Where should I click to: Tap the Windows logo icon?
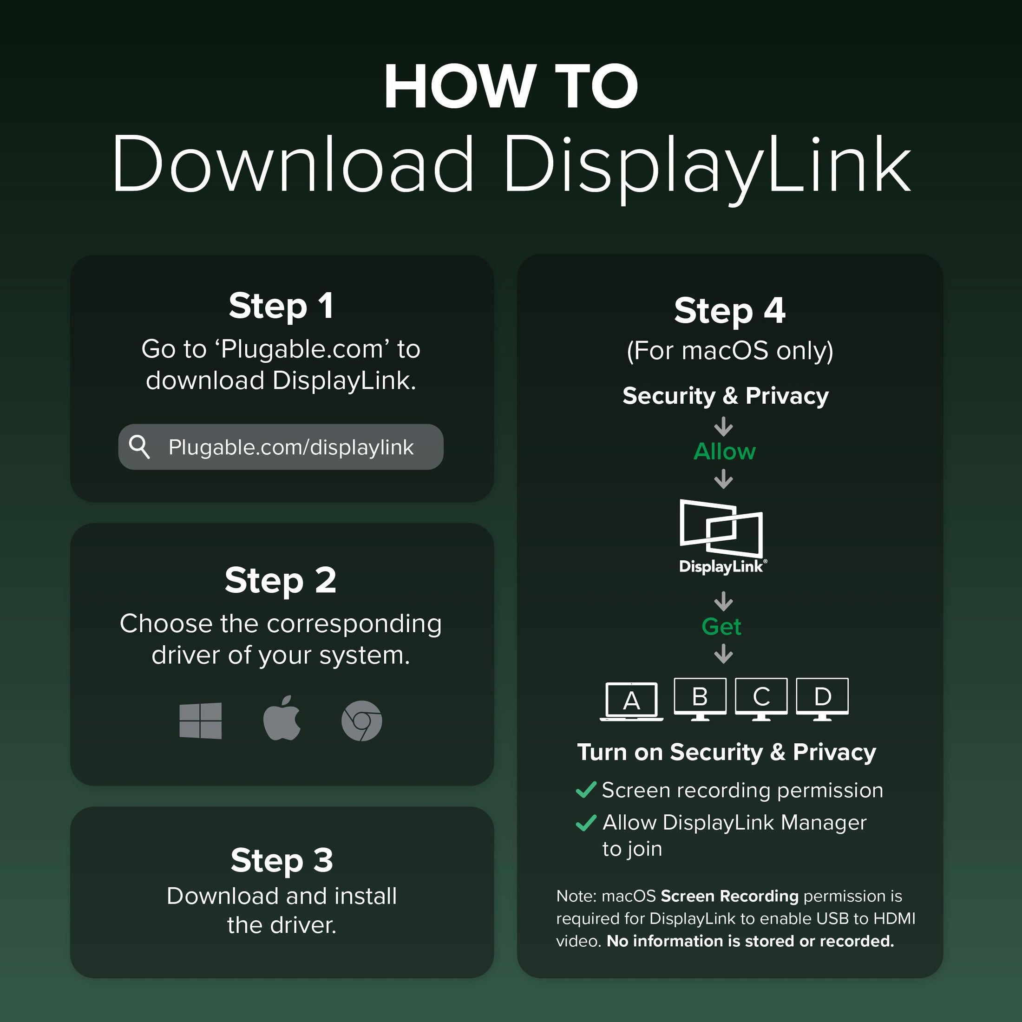coord(201,721)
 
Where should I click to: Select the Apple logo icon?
coord(282,718)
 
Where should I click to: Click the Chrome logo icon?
coord(362,721)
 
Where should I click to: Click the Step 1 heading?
coord(281,306)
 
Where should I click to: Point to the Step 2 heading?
coord(281,580)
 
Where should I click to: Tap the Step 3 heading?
coord(282,860)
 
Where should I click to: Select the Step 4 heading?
coord(729,310)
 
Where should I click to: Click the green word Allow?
coord(724,451)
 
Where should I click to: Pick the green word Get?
coord(721,626)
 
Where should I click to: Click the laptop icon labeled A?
coord(632,701)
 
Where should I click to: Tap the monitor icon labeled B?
coord(700,699)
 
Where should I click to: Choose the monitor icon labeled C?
coord(761,699)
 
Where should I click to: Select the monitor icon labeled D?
coord(823,699)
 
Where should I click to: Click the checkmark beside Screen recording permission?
coord(586,790)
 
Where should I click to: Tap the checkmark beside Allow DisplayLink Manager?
coord(586,823)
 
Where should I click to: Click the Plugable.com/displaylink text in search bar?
coord(291,447)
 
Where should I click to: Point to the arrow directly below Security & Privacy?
coord(724,426)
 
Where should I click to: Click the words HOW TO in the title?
coord(511,86)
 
